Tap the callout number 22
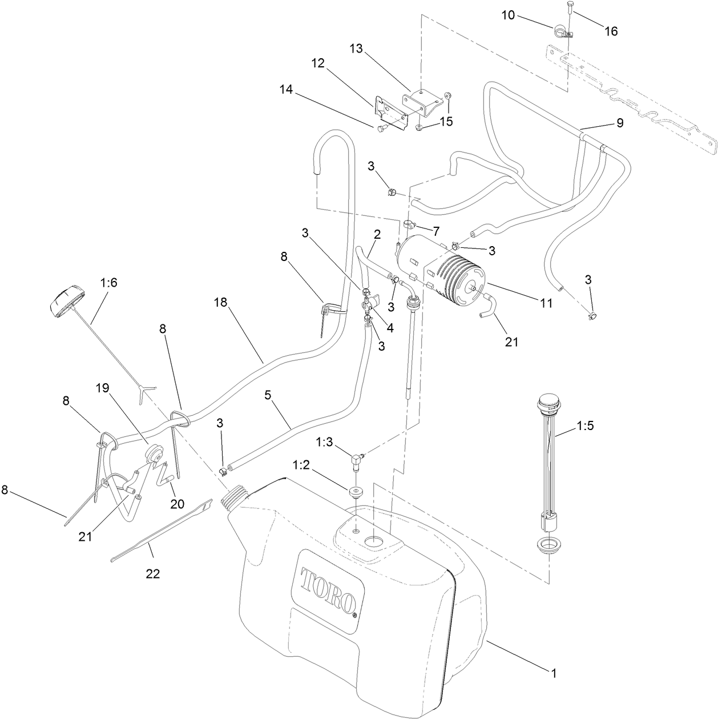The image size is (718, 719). pyautogui.click(x=152, y=574)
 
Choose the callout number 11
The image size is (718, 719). pyautogui.click(x=546, y=303)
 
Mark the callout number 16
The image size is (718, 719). pyautogui.click(x=611, y=31)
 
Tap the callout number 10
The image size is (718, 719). pyautogui.click(x=509, y=15)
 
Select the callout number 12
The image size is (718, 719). pyautogui.click(x=318, y=63)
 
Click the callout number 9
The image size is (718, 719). pyautogui.click(x=619, y=122)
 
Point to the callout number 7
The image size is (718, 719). pyautogui.click(x=436, y=231)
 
